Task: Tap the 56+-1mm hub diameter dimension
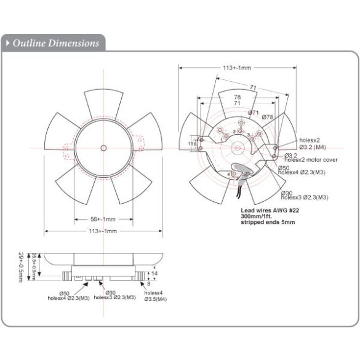(103, 218)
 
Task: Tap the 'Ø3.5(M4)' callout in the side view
(154, 299)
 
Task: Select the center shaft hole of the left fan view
(103, 148)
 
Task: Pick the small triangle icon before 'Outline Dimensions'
(7, 43)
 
